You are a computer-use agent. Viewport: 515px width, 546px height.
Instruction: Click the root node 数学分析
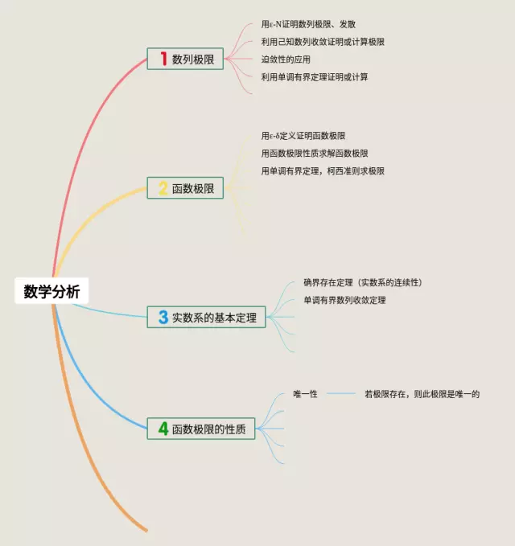click(51, 292)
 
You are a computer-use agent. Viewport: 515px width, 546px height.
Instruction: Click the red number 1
click(163, 59)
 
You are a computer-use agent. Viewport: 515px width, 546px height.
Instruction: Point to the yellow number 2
click(163, 189)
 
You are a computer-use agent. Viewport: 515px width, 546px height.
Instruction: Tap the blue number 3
click(163, 318)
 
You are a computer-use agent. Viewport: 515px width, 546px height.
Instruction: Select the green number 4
click(163, 429)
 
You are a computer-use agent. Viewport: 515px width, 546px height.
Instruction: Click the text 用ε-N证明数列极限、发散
click(310, 25)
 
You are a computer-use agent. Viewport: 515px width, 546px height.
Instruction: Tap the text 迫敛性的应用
click(286, 60)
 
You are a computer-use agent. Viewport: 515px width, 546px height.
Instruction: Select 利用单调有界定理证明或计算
click(315, 77)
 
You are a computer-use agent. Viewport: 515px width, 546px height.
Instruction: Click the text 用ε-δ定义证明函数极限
click(303, 136)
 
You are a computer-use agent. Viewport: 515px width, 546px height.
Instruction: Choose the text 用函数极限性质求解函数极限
click(315, 154)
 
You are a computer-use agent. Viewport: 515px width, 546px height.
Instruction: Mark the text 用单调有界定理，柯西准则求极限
click(323, 171)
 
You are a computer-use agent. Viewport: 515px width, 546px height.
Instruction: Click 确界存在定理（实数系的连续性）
click(363, 282)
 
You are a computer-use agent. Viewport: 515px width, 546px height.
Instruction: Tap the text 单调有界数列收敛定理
click(344, 300)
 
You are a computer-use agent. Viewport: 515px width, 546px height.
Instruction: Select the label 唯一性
click(306, 394)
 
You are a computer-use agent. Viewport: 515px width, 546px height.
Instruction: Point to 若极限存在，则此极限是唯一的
click(422, 394)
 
